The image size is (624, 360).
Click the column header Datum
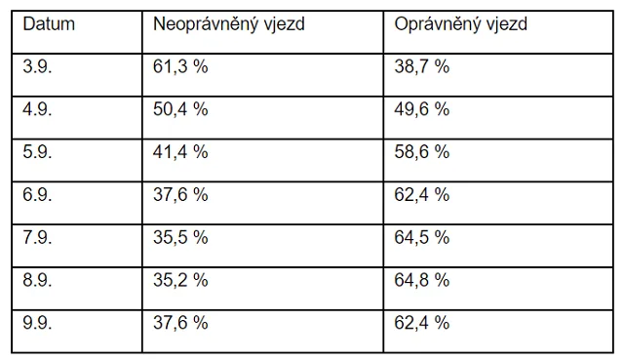pos(49,23)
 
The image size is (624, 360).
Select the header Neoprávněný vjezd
pos(229,23)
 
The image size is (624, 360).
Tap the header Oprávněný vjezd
pos(460,23)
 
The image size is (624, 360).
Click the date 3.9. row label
pos(37,66)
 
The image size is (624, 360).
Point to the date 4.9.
pos(37,109)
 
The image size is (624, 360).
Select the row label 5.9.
pos(37,152)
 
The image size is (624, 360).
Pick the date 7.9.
pos(37,237)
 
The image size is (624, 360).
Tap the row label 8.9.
pos(37,280)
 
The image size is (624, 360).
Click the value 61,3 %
pos(180,66)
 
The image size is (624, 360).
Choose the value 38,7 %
pos(422,66)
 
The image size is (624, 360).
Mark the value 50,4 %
pos(180,109)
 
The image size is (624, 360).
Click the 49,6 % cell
pos(422,109)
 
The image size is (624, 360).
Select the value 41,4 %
pos(180,152)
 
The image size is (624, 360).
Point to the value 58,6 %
pos(422,152)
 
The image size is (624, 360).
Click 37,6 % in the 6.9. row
pos(180,195)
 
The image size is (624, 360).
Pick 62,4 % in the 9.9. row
pos(422,323)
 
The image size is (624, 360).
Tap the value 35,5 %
pos(180,237)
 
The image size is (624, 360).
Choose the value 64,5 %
pos(422,237)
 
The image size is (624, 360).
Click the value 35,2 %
pos(180,280)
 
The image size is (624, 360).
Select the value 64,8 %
pos(422,280)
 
